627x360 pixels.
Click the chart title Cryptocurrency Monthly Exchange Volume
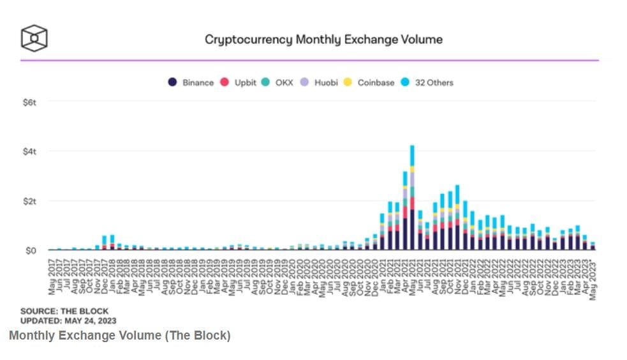(x=323, y=40)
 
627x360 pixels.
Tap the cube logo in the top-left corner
(x=34, y=38)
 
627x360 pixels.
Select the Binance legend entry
(x=191, y=83)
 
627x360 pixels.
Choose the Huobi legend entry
(x=320, y=83)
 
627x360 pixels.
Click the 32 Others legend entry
(x=427, y=83)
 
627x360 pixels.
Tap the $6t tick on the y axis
(x=29, y=102)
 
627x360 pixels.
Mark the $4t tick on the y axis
(x=29, y=151)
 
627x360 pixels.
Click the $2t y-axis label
(x=29, y=201)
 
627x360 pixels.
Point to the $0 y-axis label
(x=31, y=250)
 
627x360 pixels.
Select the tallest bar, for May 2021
(x=412, y=198)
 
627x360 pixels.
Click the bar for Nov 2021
(x=457, y=217)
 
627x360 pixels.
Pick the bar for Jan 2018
(x=112, y=243)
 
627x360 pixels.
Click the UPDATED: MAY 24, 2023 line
(x=68, y=320)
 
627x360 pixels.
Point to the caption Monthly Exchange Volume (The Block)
(x=120, y=336)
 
